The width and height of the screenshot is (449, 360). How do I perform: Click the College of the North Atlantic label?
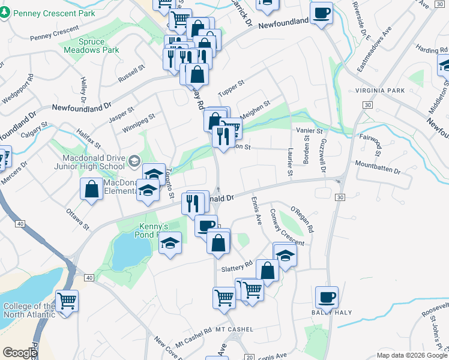(28, 310)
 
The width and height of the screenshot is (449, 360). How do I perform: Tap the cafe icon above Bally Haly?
(327, 297)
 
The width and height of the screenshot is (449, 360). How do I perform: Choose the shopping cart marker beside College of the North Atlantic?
(67, 300)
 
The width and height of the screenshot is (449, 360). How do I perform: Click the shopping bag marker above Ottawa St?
(91, 190)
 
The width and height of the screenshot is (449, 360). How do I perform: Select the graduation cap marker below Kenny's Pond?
(170, 244)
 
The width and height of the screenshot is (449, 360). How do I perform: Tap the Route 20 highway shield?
(249, 356)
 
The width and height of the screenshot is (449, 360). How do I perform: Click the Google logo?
(20, 353)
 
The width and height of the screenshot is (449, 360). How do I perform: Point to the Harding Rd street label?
(427, 50)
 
